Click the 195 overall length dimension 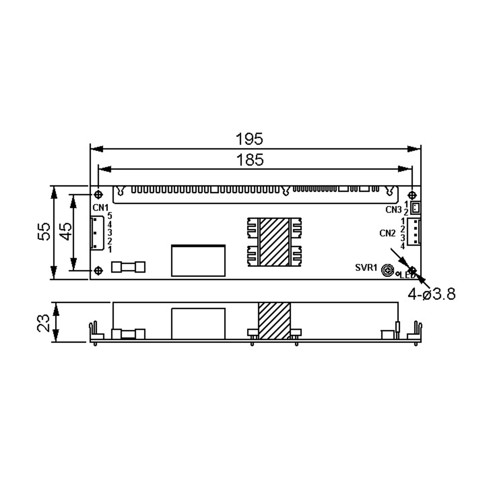coord(249,139)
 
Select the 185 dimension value coord(250,160)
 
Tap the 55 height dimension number coord(44,232)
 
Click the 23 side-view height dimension coord(43,323)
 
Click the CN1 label coord(100,208)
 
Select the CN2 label coord(388,233)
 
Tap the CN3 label coord(394,210)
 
